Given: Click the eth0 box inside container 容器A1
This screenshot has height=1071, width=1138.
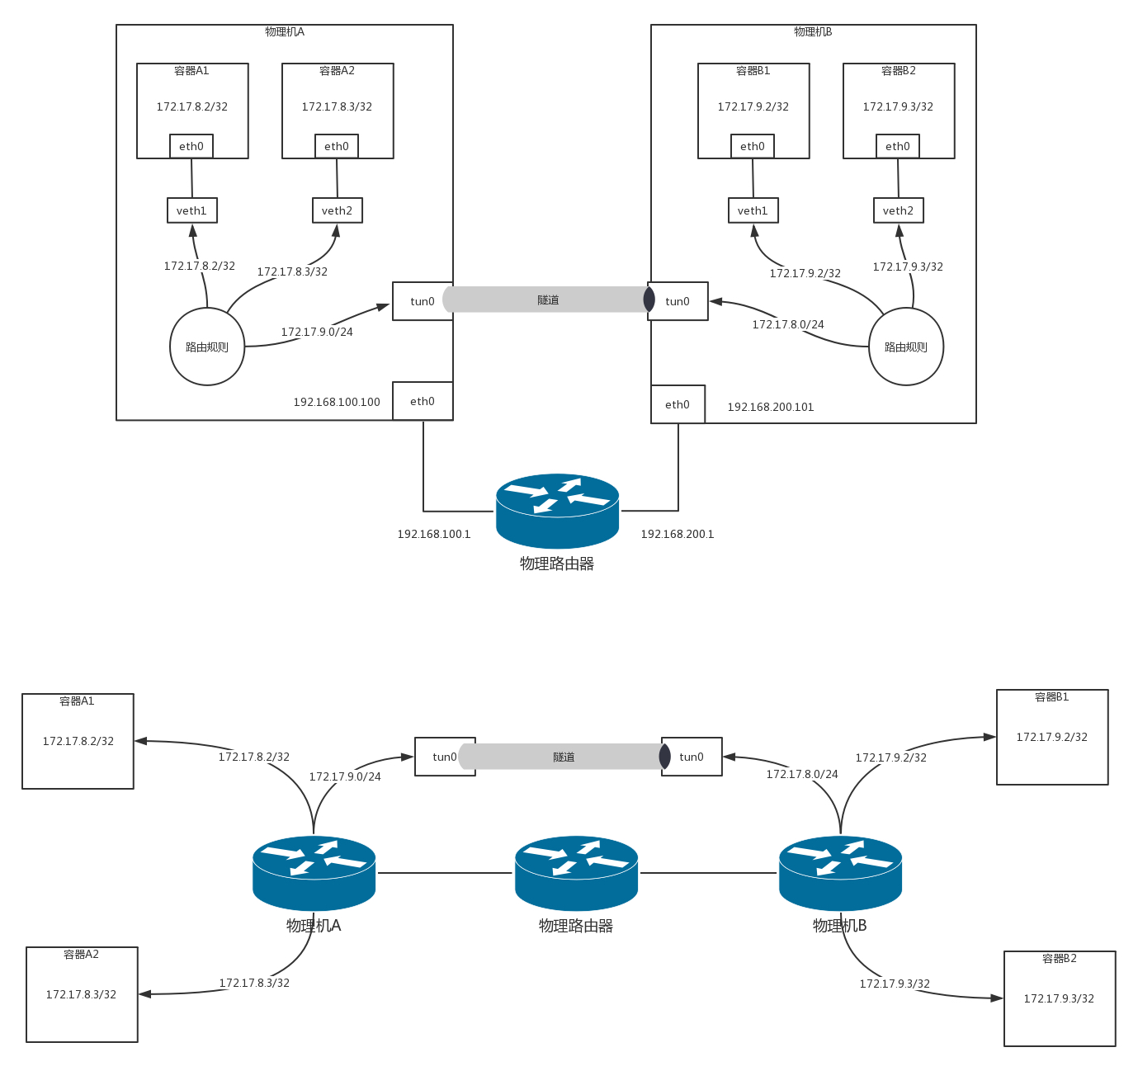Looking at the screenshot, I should pos(191,146).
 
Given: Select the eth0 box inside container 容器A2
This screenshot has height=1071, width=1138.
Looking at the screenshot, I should pos(337,146).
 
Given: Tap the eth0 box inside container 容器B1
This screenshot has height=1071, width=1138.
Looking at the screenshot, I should pos(753,146).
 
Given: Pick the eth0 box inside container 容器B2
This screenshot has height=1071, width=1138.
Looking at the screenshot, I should pos(898,146).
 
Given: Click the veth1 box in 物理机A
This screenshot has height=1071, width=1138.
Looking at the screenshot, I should pos(192,210).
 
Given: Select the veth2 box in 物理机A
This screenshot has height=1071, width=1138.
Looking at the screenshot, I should pos(338,210).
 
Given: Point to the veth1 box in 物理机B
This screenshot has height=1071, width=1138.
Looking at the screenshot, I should pos(753,210).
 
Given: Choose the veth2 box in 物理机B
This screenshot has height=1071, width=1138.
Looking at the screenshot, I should pos(899,210).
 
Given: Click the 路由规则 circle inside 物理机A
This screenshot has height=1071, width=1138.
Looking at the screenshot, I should pos(207,347).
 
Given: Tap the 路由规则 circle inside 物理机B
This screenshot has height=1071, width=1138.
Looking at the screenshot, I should pos(906,347).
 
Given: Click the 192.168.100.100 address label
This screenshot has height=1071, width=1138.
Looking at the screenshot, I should pos(337,403).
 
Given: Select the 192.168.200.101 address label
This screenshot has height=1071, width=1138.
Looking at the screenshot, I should pos(771,408).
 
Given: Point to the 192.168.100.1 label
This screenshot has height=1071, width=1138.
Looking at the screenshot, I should pos(434,535).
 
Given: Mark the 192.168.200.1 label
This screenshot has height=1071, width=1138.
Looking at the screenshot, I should pos(678,535).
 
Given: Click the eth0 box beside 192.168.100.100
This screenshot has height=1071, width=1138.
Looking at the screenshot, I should pos(423,401).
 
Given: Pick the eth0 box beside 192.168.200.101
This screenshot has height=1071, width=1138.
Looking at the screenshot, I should pos(678,404).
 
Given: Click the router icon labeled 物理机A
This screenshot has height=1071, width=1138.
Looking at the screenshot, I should pos(314,872).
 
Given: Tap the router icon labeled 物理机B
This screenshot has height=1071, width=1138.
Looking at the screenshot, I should pos(840,872).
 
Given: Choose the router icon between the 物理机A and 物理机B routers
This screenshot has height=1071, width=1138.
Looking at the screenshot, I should pos(576,872).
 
